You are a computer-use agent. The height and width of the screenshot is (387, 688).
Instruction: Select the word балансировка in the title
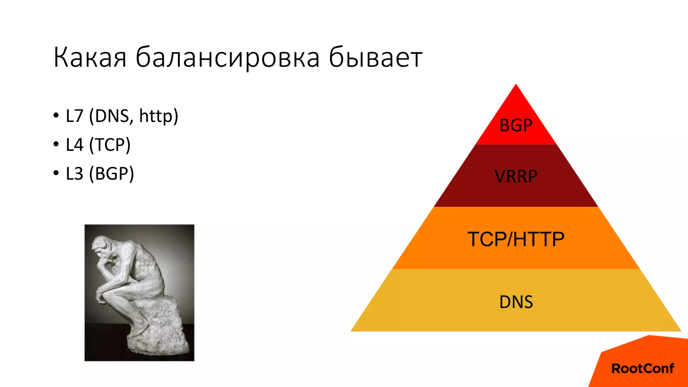coord(227,58)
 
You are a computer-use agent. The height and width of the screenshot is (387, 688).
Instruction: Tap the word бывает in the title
coord(375,58)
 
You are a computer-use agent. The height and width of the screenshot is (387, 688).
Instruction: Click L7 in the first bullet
coord(75,116)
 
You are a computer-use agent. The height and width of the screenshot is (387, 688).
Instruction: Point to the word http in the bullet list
coord(158,116)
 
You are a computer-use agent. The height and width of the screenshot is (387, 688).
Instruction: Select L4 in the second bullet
coord(75,145)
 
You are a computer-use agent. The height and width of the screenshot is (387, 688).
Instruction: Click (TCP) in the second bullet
coord(110,145)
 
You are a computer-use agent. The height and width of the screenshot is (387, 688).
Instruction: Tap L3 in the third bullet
coord(75,174)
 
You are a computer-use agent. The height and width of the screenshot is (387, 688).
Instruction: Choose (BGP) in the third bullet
coord(112,174)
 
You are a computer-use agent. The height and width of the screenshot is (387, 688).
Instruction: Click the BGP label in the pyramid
coord(516,126)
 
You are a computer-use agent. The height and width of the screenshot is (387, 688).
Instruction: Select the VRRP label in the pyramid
coord(516,176)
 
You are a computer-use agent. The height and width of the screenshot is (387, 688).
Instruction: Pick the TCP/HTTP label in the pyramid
coord(516,239)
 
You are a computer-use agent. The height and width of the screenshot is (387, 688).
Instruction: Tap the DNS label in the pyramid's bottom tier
coord(516,302)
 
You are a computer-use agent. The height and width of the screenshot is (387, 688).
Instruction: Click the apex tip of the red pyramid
coord(516,85)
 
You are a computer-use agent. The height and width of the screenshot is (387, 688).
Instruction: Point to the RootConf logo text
coord(642,369)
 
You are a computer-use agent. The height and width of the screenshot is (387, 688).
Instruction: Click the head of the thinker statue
coord(102,245)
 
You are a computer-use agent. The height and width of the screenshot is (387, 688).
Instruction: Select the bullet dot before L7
coord(56,116)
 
